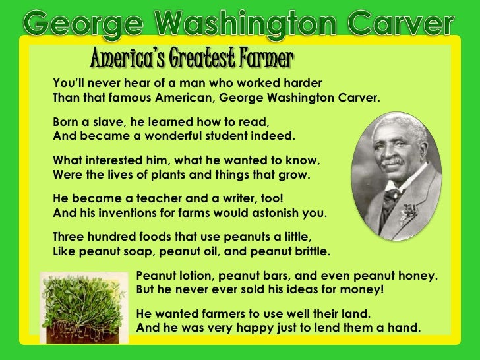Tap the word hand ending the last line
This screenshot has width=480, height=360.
[x=404, y=326]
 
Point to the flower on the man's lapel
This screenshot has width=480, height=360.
[x=410, y=213]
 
